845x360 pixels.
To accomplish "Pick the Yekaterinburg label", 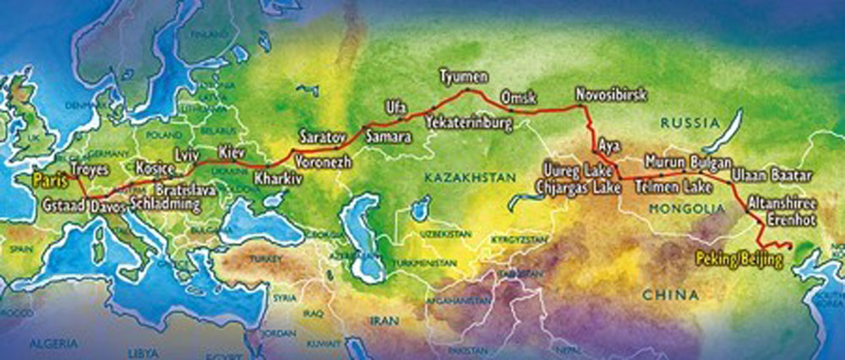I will pos(469,123).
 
